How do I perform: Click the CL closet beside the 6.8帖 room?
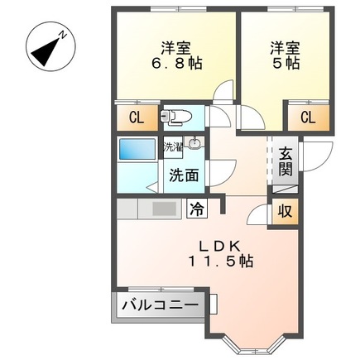136,117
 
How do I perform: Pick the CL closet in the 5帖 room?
306,117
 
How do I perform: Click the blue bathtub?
137,150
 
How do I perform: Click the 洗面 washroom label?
184,175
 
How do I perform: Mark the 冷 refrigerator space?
197,209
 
